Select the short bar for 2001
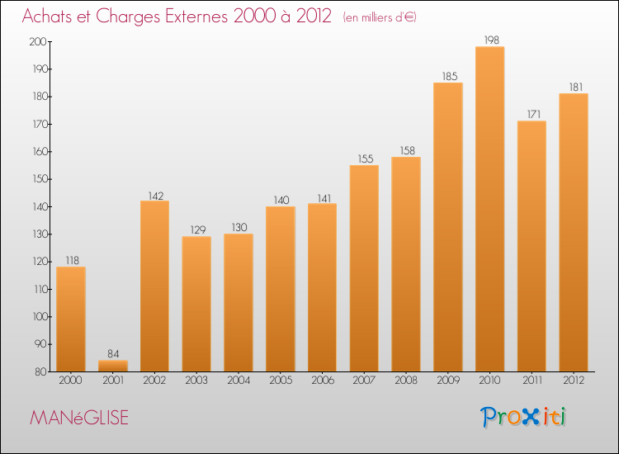pyautogui.click(x=113, y=366)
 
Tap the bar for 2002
pyautogui.click(x=154, y=286)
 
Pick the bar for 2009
pyautogui.click(x=448, y=227)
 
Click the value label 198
pyautogui.click(x=490, y=40)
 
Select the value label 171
pyautogui.click(x=532, y=114)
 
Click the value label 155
pyautogui.click(x=364, y=158)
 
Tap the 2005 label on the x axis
pyautogui.click(x=281, y=381)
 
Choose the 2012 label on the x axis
pyautogui.click(x=574, y=381)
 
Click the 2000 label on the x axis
pyautogui.click(x=71, y=381)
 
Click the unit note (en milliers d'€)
pyautogui.click(x=380, y=17)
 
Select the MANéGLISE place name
pyautogui.click(x=79, y=418)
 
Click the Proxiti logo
pyautogui.click(x=523, y=417)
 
